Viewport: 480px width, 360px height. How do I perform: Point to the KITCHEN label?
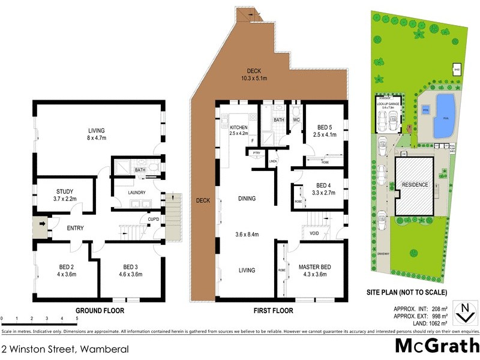[x=239, y=128]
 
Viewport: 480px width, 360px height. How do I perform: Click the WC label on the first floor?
[x=295, y=120]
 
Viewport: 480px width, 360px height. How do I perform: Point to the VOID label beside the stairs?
[x=314, y=233]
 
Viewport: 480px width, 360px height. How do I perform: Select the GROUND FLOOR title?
[x=100, y=311]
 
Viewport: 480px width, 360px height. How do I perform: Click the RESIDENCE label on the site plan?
[x=415, y=184]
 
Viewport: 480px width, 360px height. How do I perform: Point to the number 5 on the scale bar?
[x=77, y=319]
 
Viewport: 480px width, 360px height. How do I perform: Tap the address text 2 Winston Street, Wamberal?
[x=56, y=349]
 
